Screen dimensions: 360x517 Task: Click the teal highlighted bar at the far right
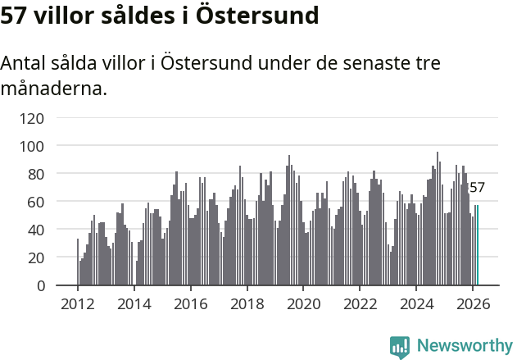point(477,245)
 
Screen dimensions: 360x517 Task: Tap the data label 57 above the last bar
point(477,188)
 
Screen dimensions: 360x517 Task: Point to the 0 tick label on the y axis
point(39,285)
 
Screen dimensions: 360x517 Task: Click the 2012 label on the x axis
point(78,303)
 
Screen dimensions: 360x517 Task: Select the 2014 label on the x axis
point(134,303)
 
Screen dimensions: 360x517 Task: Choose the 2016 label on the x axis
point(191,303)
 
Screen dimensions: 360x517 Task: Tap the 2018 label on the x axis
point(247,303)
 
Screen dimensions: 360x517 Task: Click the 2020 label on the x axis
point(303,303)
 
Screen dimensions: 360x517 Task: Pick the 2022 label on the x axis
point(360,303)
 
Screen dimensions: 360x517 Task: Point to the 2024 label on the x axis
point(416,303)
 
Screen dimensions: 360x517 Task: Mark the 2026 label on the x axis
point(473,303)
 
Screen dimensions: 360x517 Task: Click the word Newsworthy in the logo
point(465,346)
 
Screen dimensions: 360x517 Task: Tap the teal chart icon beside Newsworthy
point(400,347)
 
